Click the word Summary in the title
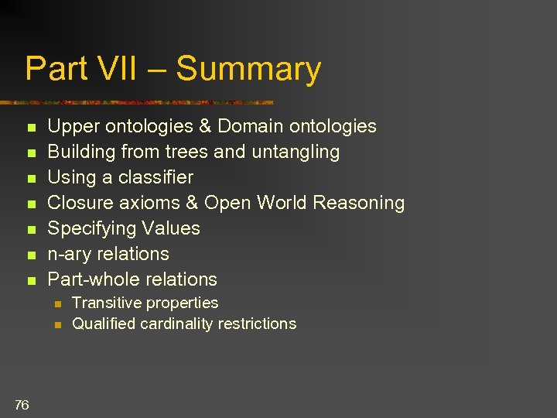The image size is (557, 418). coord(248,69)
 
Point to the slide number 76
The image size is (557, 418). coord(22,404)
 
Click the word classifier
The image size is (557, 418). coord(155,177)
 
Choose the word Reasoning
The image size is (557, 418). coord(359,203)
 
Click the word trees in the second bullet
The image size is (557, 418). coord(183,152)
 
